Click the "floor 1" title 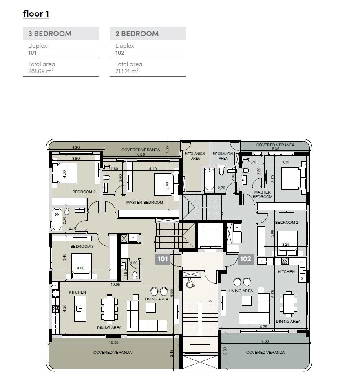pyautogui.click(x=36, y=14)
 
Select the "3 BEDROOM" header pyautogui.click(x=50, y=33)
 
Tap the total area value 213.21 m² pyautogui.click(x=127, y=71)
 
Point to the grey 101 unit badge pyautogui.click(x=163, y=259)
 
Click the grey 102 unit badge pyautogui.click(x=245, y=259)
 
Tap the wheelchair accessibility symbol pyautogui.click(x=189, y=283)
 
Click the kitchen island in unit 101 pyautogui.click(x=80, y=309)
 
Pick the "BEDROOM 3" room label pyautogui.click(x=82, y=246)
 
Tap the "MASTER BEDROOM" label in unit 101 pyautogui.click(x=144, y=203)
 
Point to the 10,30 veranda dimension pyautogui.click(x=114, y=342)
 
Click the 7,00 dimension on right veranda pyautogui.click(x=265, y=341)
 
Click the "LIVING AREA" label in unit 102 pyautogui.click(x=241, y=291)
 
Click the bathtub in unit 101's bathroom pyautogui.click(x=57, y=219)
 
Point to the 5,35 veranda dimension pyautogui.click(x=276, y=149)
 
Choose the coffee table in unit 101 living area pyautogui.click(x=151, y=308)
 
